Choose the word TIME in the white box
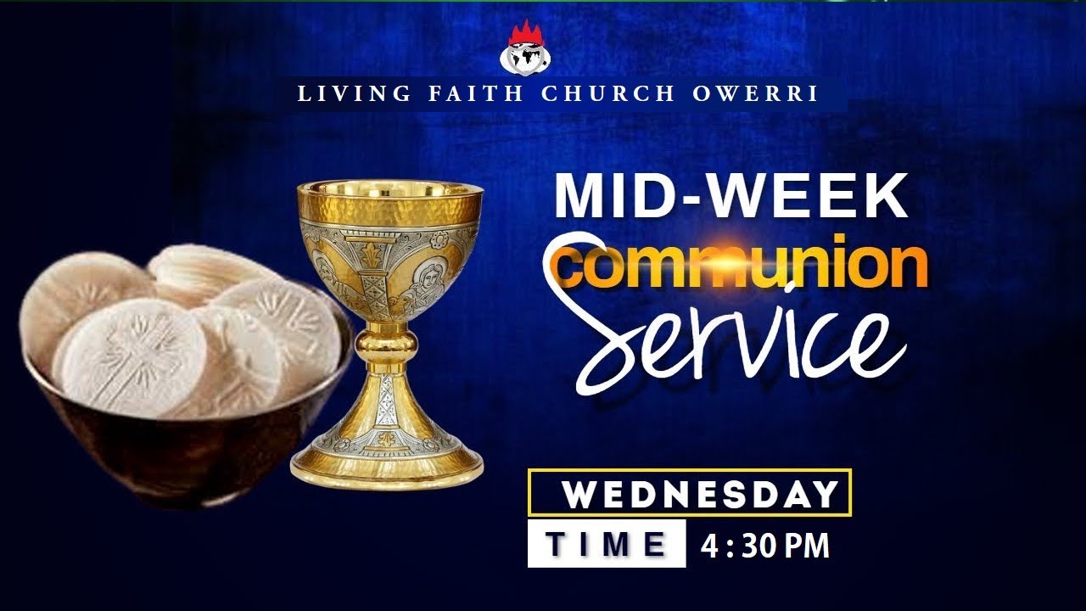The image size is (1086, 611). point(606,545)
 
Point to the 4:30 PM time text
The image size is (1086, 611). point(764,547)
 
